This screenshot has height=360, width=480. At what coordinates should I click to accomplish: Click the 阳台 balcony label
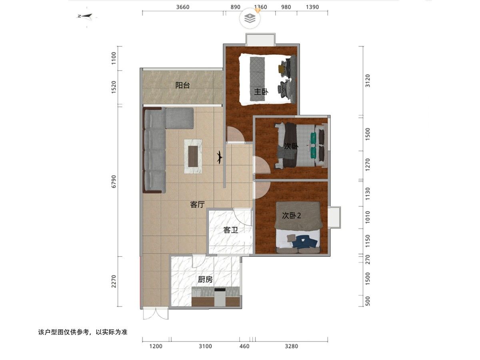coord(182,85)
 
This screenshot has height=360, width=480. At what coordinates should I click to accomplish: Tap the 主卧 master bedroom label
coord(261,92)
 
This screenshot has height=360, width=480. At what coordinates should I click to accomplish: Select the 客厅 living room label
coord(197,204)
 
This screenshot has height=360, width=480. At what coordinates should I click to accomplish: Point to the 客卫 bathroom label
coord(230,230)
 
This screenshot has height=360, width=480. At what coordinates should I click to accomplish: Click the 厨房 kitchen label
coord(205,279)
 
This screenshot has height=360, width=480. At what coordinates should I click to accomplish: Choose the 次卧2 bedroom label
coord(292,216)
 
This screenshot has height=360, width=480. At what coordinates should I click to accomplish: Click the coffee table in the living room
coord(193,156)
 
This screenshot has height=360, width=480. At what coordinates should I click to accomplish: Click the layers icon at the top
coord(250,18)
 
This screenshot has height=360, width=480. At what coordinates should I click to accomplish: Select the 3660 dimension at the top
coord(183,7)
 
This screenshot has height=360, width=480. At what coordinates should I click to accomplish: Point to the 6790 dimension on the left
coord(114,182)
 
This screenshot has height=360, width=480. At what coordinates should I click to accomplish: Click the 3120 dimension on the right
coord(368,81)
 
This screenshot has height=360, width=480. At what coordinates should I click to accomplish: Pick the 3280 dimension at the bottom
coord(292,346)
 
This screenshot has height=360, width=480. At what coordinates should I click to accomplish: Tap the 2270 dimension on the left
coord(114,281)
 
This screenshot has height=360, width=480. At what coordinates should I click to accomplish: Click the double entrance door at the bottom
coord(156,314)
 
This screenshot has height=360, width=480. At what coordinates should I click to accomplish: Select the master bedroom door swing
coord(235,134)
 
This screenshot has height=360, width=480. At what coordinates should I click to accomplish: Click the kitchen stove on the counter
coord(220,297)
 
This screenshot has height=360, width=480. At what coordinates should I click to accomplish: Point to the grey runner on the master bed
coord(257,79)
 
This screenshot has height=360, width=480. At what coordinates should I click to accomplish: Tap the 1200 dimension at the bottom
coord(156,346)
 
